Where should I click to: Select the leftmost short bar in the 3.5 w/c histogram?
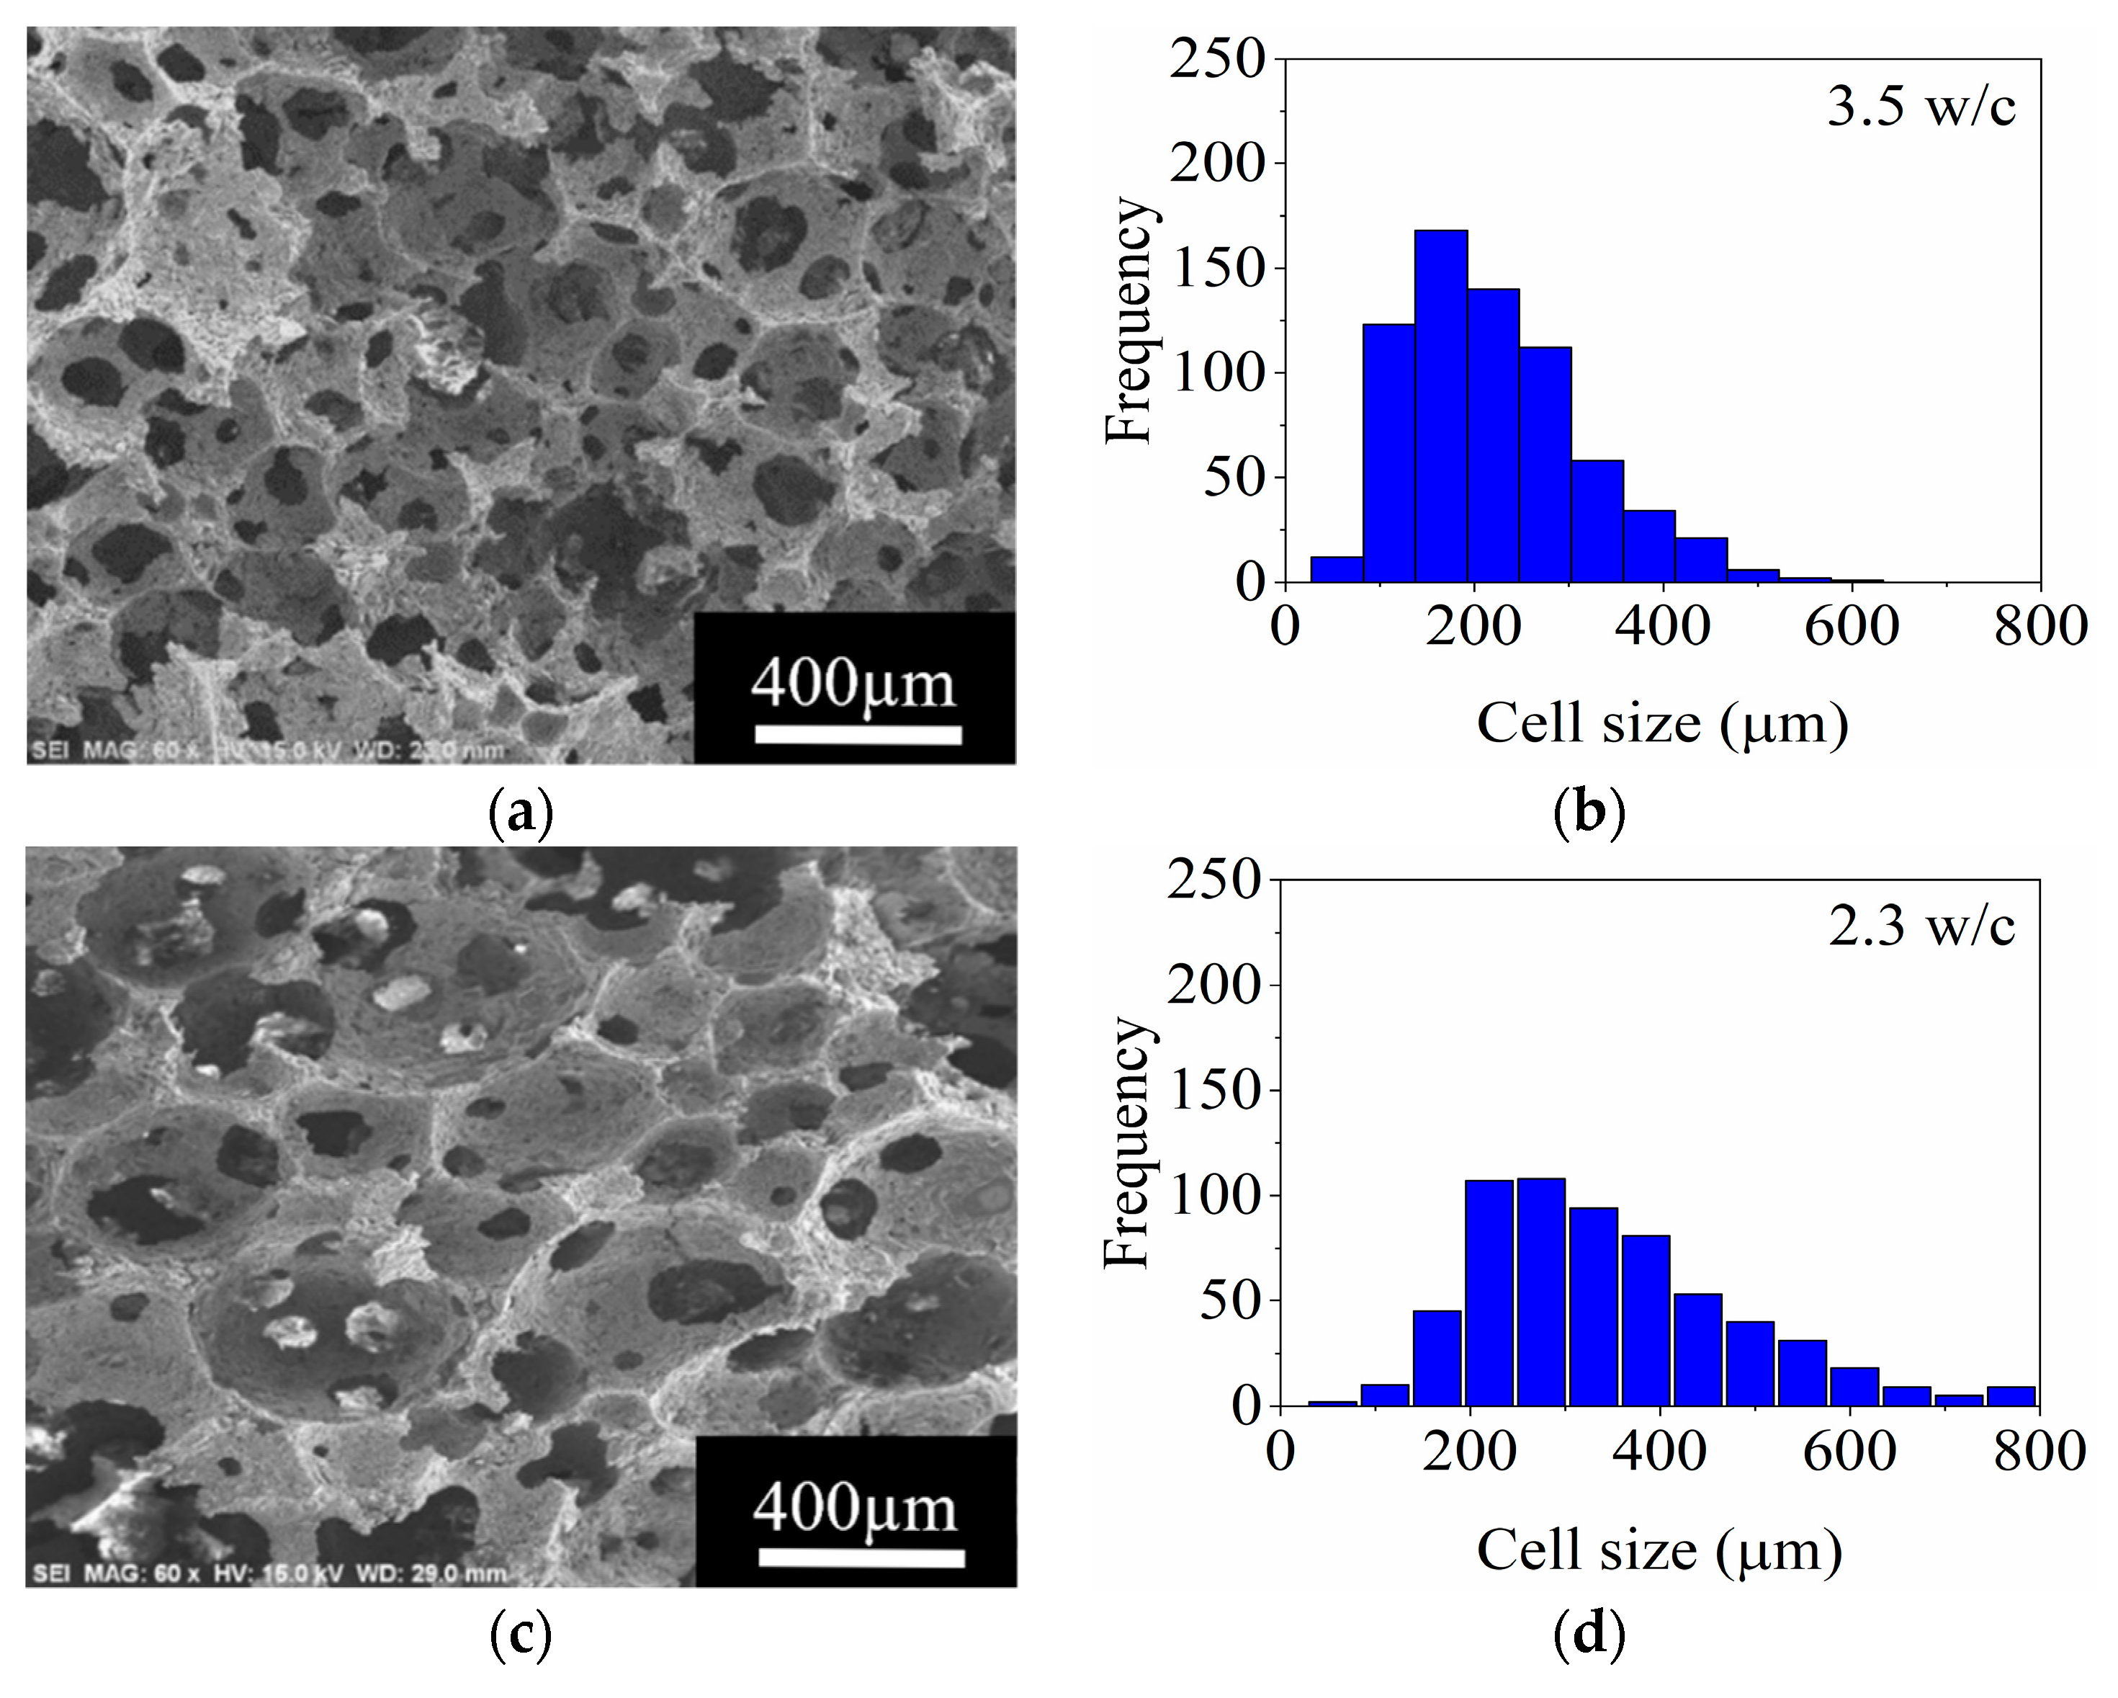click(1336, 570)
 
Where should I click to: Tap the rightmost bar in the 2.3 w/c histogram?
click(2011, 1396)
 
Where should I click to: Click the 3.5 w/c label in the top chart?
click(1921, 106)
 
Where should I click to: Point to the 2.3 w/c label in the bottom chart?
click(1921, 926)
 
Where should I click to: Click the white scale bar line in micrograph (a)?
click(858, 735)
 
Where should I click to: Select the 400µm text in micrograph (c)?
click(855, 1509)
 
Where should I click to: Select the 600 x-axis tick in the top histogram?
click(1851, 627)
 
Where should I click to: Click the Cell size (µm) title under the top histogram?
click(1662, 724)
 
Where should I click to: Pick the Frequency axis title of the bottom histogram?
click(1127, 1142)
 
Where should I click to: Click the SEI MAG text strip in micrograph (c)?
click(270, 1573)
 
